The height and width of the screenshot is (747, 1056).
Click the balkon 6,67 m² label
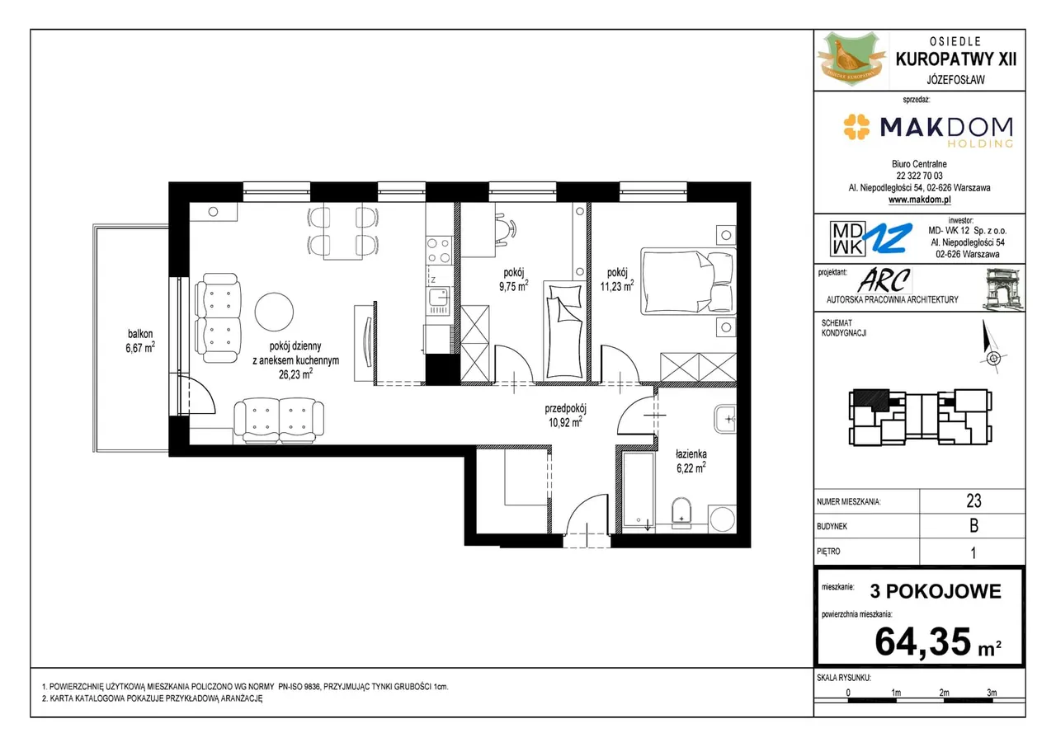tap(140, 341)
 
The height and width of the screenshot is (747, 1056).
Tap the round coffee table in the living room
tap(274, 312)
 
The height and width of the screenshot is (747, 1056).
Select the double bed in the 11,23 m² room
tap(688, 281)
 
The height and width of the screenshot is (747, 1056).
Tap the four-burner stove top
tap(438, 250)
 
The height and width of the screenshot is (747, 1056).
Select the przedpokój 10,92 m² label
tap(565, 415)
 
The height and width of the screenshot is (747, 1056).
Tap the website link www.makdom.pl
tap(919, 200)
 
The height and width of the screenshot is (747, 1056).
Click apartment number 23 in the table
tap(973, 500)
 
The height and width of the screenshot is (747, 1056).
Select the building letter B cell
tap(973, 526)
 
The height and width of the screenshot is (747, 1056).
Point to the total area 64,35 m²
tap(938, 642)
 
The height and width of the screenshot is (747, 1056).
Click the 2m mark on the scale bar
tap(944, 693)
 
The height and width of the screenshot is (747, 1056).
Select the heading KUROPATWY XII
tap(955, 59)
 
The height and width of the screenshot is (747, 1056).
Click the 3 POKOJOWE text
tap(936, 591)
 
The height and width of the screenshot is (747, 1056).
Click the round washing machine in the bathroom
tap(722, 519)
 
